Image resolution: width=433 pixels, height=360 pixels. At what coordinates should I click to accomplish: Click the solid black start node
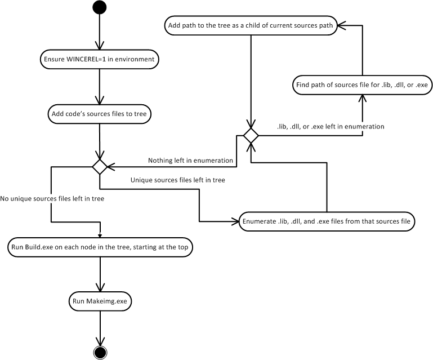click(99, 8)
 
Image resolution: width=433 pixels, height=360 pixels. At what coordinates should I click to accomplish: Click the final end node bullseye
click(100, 352)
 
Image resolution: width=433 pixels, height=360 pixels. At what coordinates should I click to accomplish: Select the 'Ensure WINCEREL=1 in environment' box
click(99, 59)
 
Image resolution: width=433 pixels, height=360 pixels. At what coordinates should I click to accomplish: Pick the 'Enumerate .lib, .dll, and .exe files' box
click(327, 221)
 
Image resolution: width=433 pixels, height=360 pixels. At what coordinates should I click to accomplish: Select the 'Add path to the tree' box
click(249, 25)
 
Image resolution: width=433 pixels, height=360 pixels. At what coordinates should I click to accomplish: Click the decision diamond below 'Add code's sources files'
click(100, 167)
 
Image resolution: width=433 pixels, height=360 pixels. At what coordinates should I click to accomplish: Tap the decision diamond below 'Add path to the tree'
click(250, 135)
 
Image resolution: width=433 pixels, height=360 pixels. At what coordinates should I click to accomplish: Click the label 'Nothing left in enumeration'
click(190, 161)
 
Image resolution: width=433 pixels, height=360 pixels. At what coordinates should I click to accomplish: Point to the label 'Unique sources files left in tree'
click(175, 180)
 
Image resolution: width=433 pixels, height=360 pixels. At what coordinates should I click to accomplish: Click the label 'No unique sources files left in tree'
click(52, 198)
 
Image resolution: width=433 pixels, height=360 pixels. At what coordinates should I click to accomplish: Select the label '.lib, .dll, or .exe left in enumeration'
click(331, 127)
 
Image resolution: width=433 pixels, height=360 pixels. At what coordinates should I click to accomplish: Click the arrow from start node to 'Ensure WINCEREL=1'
click(99, 33)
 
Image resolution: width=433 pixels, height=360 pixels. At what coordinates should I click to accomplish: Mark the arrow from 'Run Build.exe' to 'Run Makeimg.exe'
click(100, 275)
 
